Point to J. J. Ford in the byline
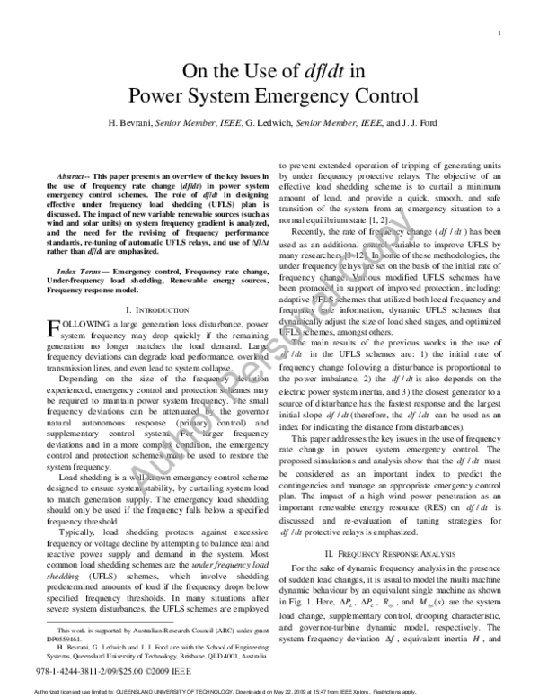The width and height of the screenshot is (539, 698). [x=394, y=121]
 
